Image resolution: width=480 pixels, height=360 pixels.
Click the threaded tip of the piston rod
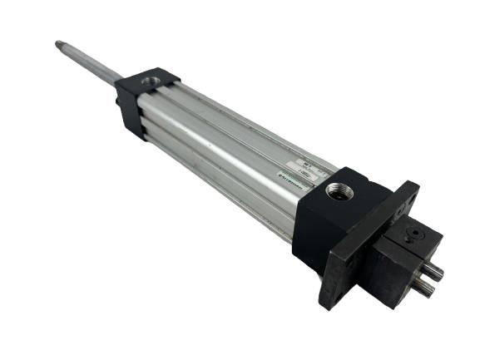point(61,43)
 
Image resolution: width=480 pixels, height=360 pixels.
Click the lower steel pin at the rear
point(423,286)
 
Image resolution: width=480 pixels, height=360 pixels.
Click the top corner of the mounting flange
point(413,188)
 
